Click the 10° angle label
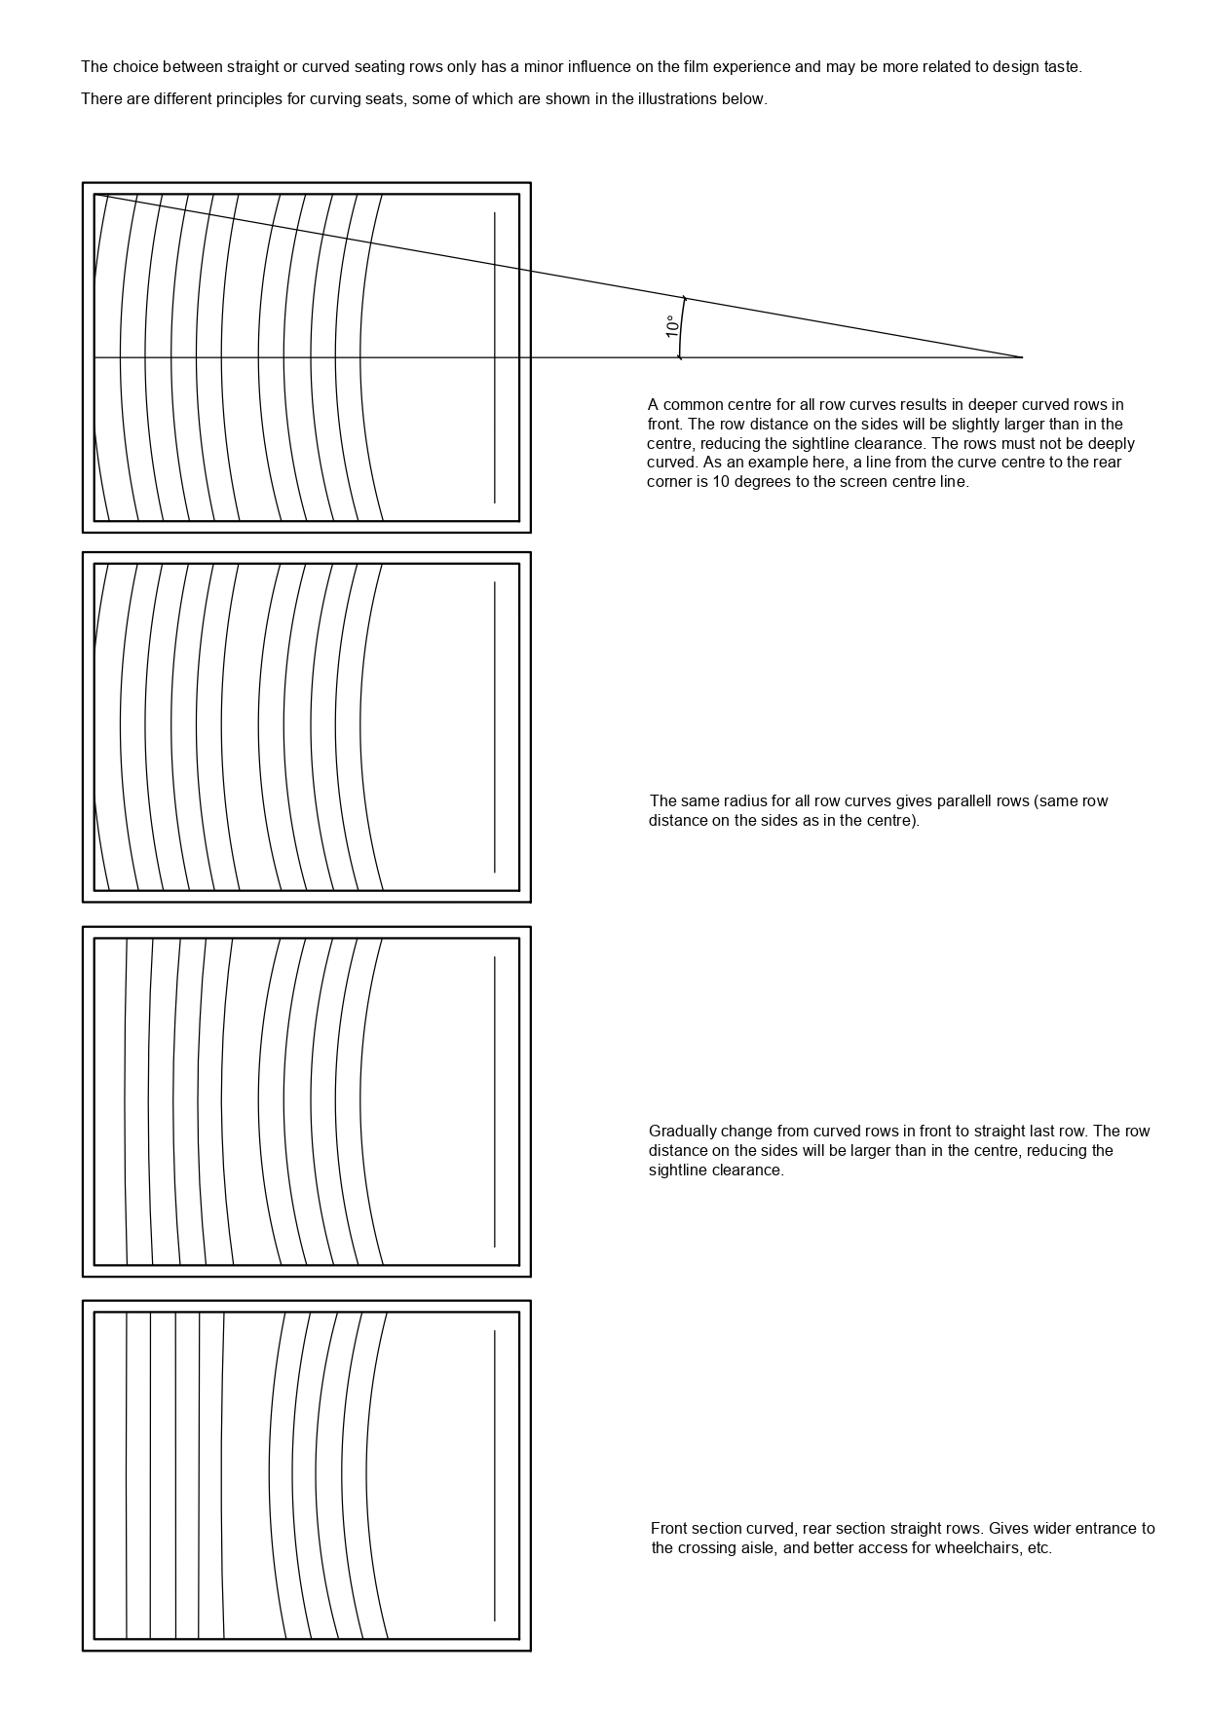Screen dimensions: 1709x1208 [x=672, y=327]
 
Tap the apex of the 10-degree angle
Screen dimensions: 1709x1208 [x=1021, y=357]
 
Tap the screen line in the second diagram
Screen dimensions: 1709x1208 [x=495, y=726]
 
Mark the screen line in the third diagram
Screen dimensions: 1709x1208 [x=495, y=1100]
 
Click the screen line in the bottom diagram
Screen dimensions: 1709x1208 [x=495, y=1475]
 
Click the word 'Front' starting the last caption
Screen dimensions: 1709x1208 [x=669, y=1529]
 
